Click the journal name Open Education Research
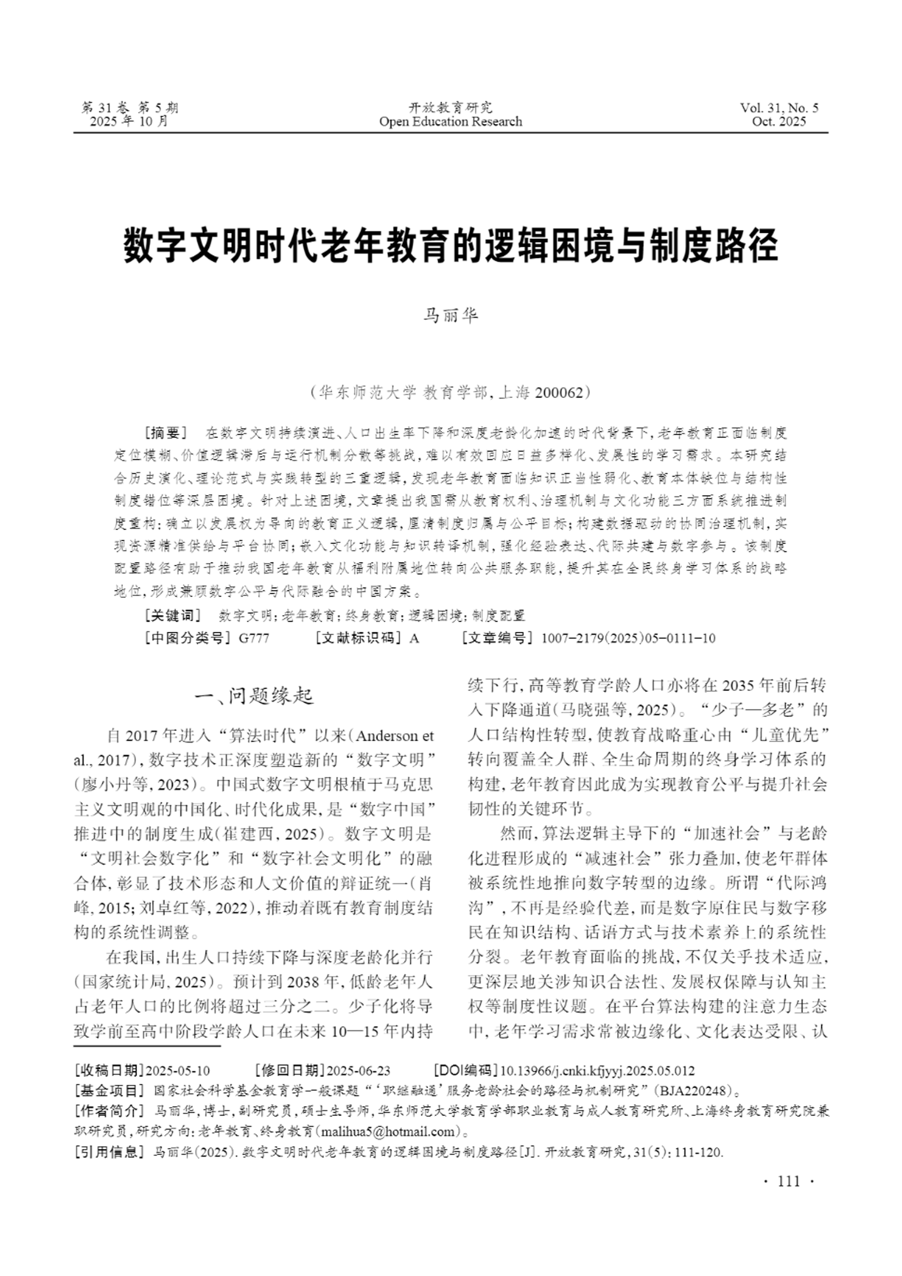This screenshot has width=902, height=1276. point(451,122)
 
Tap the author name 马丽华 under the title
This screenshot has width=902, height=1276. point(451,316)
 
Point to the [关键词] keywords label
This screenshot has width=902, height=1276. point(172,615)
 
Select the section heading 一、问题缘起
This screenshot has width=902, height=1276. point(255,695)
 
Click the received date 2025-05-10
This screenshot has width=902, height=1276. point(177,1071)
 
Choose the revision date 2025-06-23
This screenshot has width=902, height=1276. point(359,1071)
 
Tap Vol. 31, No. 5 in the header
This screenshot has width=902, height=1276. point(779,108)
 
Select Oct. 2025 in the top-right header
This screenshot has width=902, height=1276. point(779,122)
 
